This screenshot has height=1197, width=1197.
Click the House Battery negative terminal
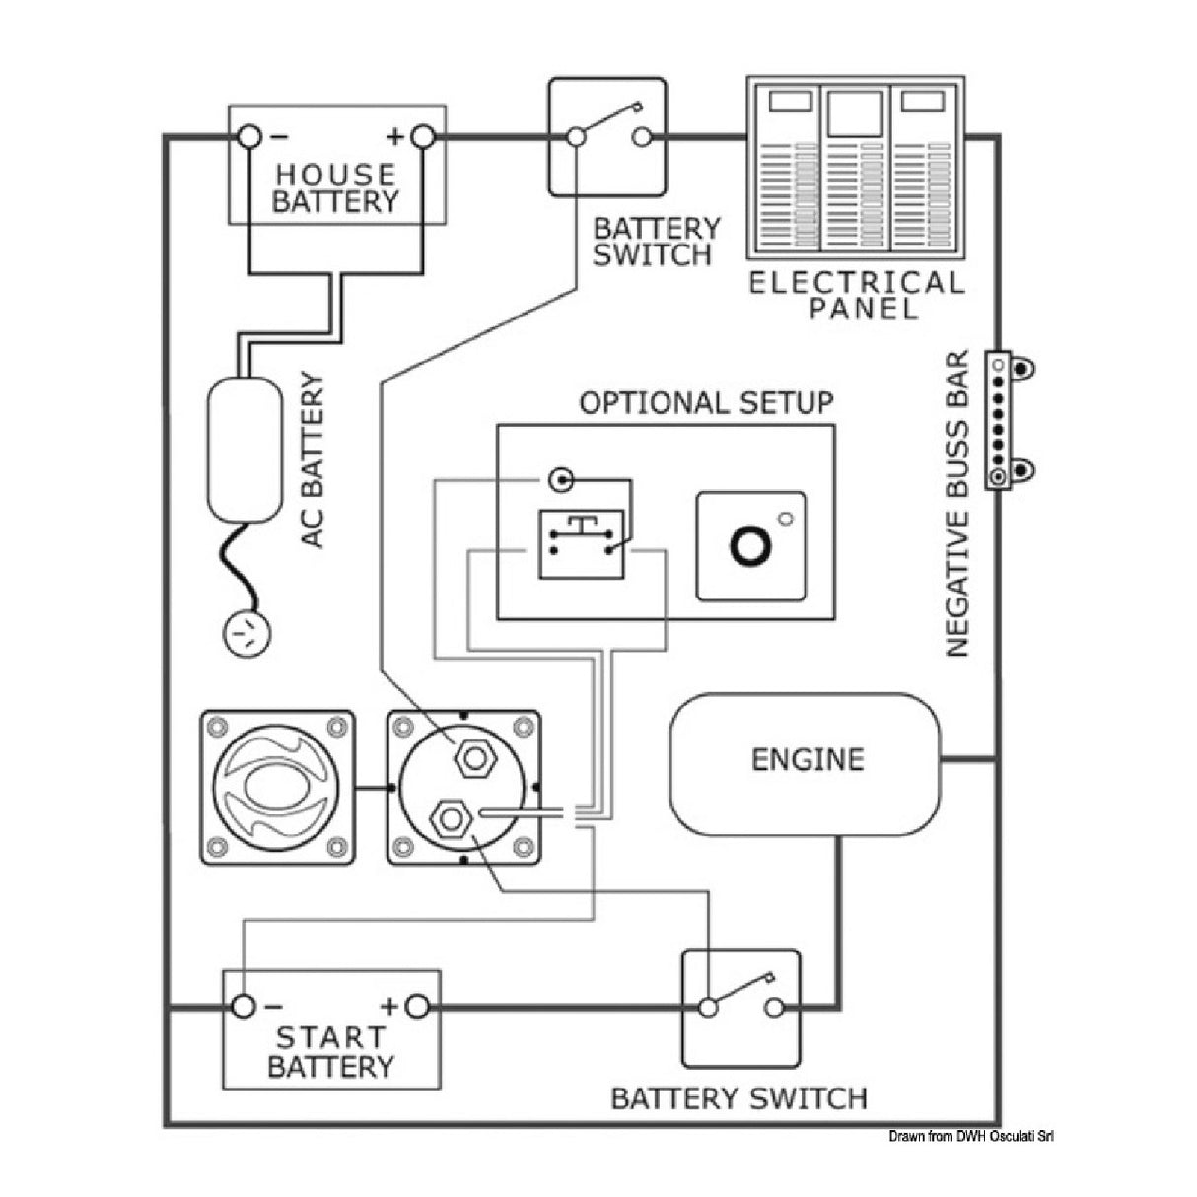click(x=248, y=137)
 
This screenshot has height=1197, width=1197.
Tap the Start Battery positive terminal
click(x=418, y=1006)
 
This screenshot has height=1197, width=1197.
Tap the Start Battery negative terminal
click(x=243, y=1006)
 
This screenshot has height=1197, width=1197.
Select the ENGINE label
click(x=807, y=759)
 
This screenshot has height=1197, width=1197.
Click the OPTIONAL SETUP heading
click(x=705, y=403)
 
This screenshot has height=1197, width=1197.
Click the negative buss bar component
click(x=1003, y=419)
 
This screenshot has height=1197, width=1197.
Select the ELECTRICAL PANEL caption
click(x=856, y=295)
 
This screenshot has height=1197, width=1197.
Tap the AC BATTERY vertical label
click(x=313, y=460)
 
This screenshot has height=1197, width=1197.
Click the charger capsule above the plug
click(x=244, y=449)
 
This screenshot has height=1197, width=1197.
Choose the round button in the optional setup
click(x=750, y=545)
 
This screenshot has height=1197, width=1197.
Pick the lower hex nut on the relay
click(x=453, y=816)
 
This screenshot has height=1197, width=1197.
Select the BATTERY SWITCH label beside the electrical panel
click(x=656, y=242)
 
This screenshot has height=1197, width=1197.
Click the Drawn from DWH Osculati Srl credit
click(x=971, y=1137)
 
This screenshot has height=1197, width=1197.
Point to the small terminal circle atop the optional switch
click(x=561, y=480)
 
